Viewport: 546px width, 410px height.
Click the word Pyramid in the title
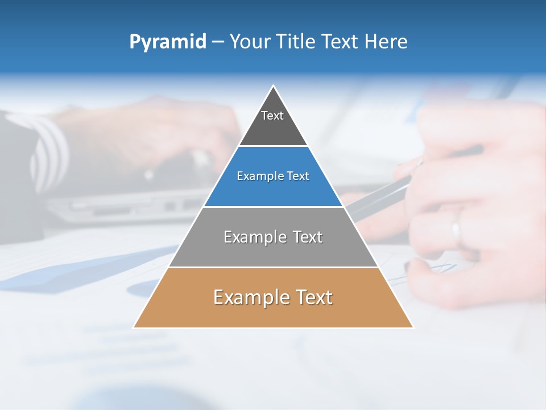pos(167,42)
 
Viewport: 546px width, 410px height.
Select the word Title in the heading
pos(297,42)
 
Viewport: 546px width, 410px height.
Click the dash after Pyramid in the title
pos(218,42)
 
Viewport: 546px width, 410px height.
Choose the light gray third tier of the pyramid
pos(273,251)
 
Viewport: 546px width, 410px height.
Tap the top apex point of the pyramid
pos(274,86)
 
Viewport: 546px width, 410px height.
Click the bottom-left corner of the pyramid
pos(134,327)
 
